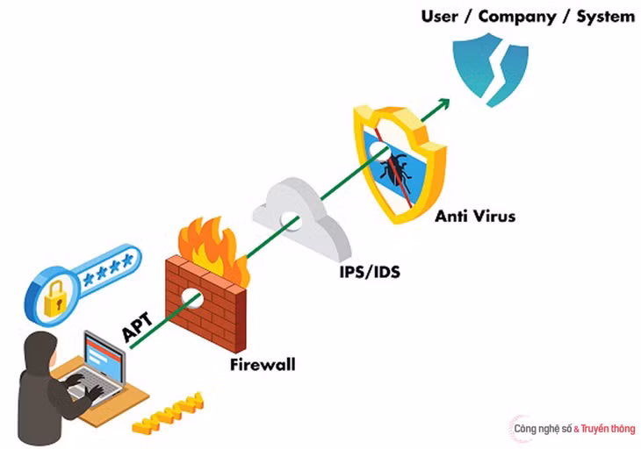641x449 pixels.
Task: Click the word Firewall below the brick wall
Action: pos(263,365)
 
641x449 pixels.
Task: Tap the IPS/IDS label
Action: pos(370,272)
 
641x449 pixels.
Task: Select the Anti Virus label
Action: pos(475,216)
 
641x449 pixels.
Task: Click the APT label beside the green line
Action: pos(138,326)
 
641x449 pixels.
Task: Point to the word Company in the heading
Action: pos(517,18)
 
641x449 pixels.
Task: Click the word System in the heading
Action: pos(605,18)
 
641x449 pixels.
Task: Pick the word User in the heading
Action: pos(439,17)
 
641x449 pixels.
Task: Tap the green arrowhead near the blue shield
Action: pos(443,103)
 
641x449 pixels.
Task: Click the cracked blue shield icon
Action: pos(491,69)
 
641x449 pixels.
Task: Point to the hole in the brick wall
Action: pos(192,297)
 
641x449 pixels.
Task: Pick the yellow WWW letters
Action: pos(168,413)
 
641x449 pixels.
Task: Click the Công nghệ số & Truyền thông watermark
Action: pos(574,429)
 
